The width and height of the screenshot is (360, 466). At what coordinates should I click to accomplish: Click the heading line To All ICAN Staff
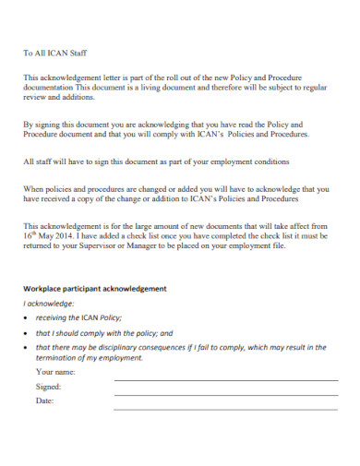[54, 54]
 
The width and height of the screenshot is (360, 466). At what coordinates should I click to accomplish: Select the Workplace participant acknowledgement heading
[95, 289]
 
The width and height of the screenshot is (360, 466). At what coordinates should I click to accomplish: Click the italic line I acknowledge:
[49, 303]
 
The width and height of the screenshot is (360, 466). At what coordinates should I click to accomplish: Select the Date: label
[45, 401]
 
